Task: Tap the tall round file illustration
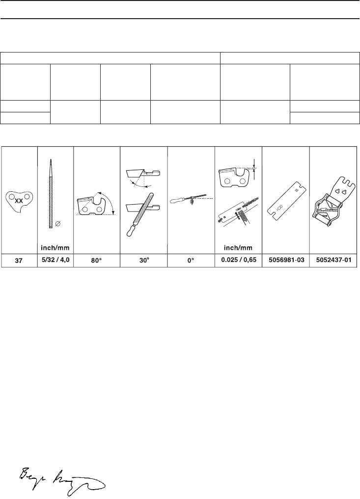click(x=51, y=193)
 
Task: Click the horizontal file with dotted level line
click(x=189, y=200)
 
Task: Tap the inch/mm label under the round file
click(x=55, y=247)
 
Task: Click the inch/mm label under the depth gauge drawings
click(x=238, y=247)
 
